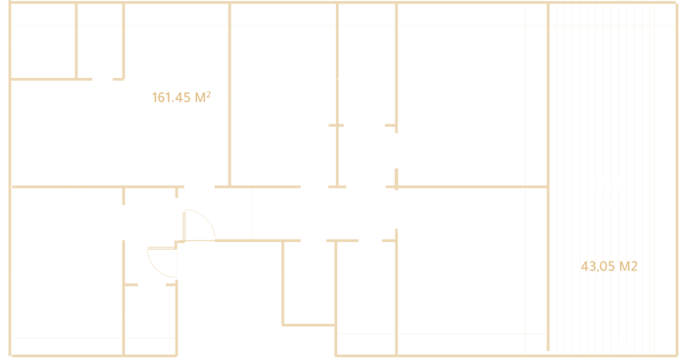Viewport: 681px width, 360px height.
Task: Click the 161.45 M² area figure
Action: click(x=181, y=98)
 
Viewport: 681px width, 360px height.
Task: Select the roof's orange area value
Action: click(x=609, y=264)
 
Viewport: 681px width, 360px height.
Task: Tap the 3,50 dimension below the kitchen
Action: click(x=79, y=179)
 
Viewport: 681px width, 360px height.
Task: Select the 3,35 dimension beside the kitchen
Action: click(x=17, y=139)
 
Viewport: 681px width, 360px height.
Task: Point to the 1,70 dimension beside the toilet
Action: click(x=129, y=317)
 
